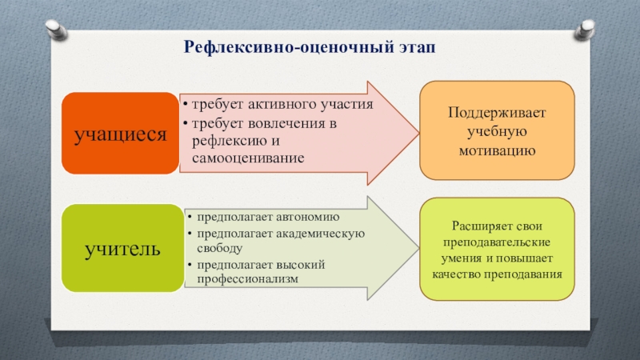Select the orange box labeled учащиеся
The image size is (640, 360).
[120, 134]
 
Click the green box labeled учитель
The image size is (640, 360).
[121, 247]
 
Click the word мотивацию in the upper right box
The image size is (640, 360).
[498, 150]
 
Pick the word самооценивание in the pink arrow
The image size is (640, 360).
[248, 158]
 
